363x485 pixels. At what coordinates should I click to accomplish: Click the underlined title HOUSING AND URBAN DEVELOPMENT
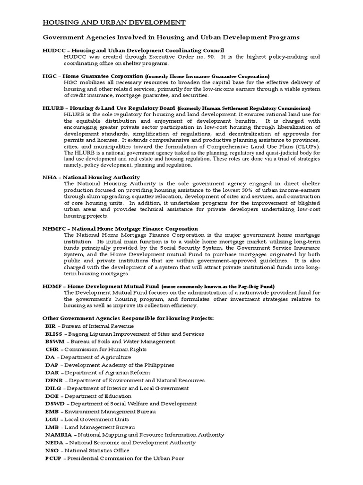114,22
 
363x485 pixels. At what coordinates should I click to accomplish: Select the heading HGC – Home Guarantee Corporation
93,76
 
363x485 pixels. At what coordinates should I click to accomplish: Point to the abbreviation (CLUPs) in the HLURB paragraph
308,146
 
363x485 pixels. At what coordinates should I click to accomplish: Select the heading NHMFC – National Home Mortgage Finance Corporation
120,229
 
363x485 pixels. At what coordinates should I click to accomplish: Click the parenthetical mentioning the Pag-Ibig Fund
218,286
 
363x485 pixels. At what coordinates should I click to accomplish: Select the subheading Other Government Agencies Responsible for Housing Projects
128,318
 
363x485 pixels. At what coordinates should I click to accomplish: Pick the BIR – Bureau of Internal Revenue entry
89,326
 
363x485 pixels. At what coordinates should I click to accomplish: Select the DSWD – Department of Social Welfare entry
121,404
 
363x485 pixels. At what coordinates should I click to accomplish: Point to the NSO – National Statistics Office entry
87,450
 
